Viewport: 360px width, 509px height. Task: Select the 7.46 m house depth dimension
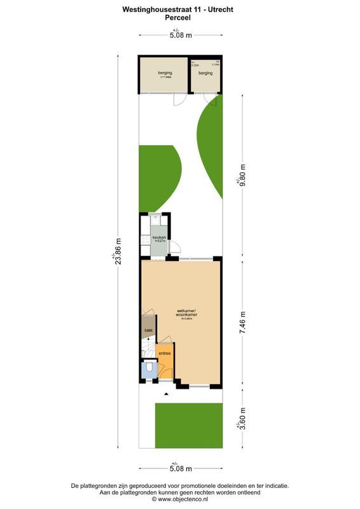(x=242, y=322)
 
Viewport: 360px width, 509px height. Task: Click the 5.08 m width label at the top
(x=180, y=36)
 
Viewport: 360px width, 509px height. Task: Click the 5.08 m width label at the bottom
(x=180, y=469)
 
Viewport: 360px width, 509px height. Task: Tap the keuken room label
(x=158, y=238)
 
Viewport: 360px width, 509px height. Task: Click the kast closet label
(x=148, y=330)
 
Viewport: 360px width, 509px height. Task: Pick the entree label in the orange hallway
(x=164, y=352)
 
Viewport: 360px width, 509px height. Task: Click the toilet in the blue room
(x=149, y=367)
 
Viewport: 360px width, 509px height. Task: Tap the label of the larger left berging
(x=165, y=73)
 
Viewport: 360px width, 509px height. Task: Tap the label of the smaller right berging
(x=205, y=73)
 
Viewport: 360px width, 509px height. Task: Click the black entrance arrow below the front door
(x=166, y=394)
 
